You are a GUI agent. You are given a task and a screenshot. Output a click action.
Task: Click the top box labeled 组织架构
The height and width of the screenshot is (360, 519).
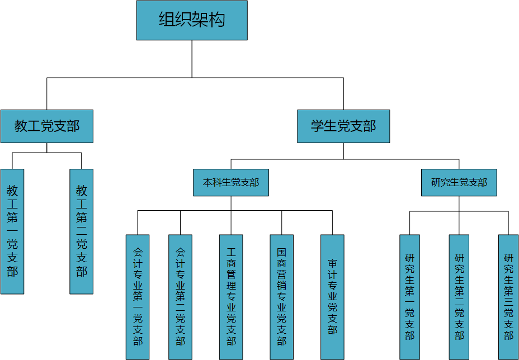pyautogui.click(x=192, y=21)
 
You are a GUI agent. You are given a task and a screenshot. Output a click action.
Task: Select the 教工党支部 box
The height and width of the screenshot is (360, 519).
pyautogui.click(x=47, y=126)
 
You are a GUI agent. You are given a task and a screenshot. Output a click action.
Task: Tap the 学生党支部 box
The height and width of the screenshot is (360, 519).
pyautogui.click(x=343, y=126)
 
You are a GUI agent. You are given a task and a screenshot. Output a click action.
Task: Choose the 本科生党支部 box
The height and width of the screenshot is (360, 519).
pyautogui.click(x=231, y=183)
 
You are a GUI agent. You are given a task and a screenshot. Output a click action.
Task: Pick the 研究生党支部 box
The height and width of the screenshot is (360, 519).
pyautogui.click(x=459, y=183)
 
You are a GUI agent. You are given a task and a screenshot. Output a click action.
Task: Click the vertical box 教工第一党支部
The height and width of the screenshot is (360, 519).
pyautogui.click(x=12, y=231)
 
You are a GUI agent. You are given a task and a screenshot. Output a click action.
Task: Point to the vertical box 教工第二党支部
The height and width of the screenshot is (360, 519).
pyautogui.click(x=82, y=231)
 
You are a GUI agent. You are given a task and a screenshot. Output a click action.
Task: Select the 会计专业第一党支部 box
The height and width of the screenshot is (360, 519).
pyautogui.click(x=138, y=297)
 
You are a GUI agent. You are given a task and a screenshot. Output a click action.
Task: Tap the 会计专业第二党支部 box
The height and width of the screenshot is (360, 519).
pyautogui.click(x=180, y=297)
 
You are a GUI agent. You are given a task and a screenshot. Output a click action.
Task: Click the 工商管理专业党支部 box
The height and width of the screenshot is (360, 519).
pyautogui.click(x=231, y=297)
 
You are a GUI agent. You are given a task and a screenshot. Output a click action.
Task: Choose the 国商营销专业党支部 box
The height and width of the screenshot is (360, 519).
pyautogui.click(x=281, y=297)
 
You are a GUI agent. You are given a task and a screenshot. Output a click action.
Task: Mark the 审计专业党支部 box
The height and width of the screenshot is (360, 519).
pyautogui.click(x=332, y=297)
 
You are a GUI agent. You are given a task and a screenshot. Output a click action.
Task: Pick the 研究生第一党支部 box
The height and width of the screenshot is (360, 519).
pyautogui.click(x=409, y=297)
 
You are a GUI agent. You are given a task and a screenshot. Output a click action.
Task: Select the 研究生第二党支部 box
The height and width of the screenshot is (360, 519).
pyautogui.click(x=459, y=297)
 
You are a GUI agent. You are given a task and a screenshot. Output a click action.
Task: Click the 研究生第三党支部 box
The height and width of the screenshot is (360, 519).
pyautogui.click(x=508, y=297)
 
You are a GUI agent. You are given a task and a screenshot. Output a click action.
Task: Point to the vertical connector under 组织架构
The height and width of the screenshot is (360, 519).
pyautogui.click(x=192, y=59)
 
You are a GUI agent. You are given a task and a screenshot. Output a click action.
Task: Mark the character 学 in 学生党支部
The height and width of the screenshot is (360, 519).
pyautogui.click(x=319, y=126)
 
